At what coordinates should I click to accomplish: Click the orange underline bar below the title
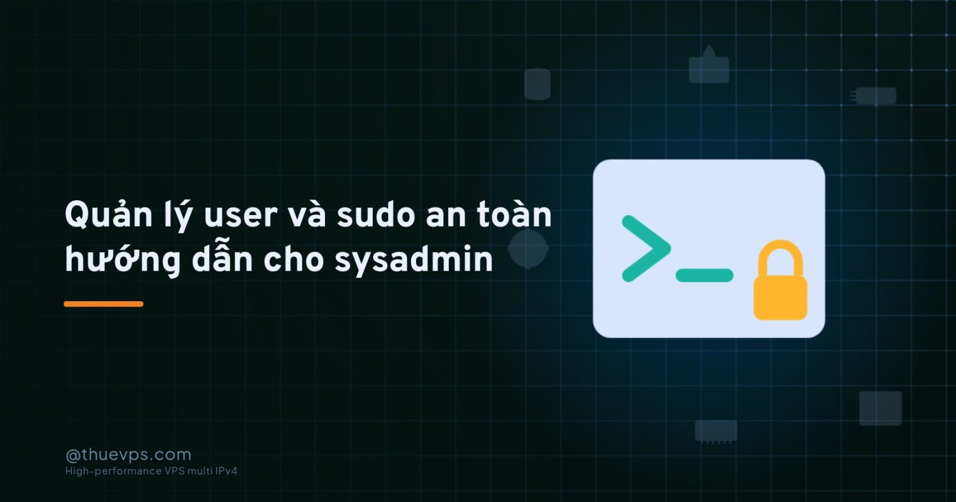pyautogui.click(x=104, y=304)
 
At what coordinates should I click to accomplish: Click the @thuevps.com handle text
pyautogui.click(x=128, y=455)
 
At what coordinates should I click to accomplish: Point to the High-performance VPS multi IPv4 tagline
pyautogui.click(x=151, y=472)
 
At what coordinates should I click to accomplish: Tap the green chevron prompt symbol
pyautogui.click(x=646, y=249)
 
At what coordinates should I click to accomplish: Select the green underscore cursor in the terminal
pyautogui.click(x=704, y=276)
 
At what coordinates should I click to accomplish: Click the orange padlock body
pyautogui.click(x=780, y=298)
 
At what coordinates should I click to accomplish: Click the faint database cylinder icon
pyautogui.click(x=537, y=84)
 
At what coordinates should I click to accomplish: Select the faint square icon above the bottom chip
pyautogui.click(x=881, y=408)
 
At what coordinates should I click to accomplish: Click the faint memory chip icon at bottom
pyautogui.click(x=716, y=431)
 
